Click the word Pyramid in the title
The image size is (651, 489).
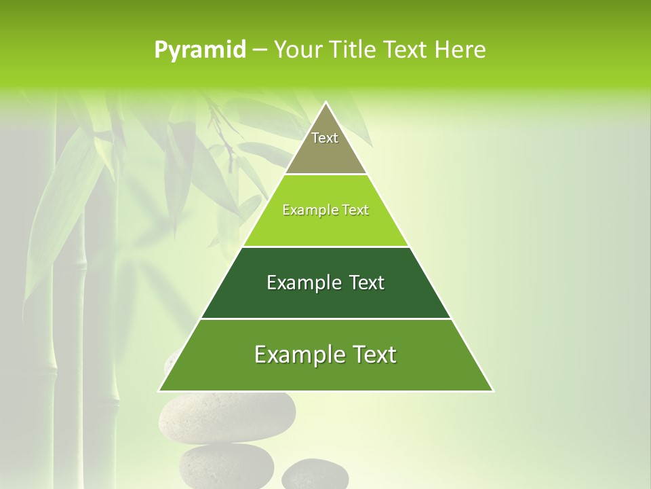(x=199, y=50)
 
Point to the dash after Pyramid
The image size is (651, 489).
(x=259, y=50)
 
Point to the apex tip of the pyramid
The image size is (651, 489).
(x=325, y=103)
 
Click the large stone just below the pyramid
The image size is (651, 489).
(x=226, y=415)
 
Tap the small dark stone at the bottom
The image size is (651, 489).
(x=315, y=475)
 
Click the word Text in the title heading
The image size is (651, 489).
(x=405, y=50)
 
